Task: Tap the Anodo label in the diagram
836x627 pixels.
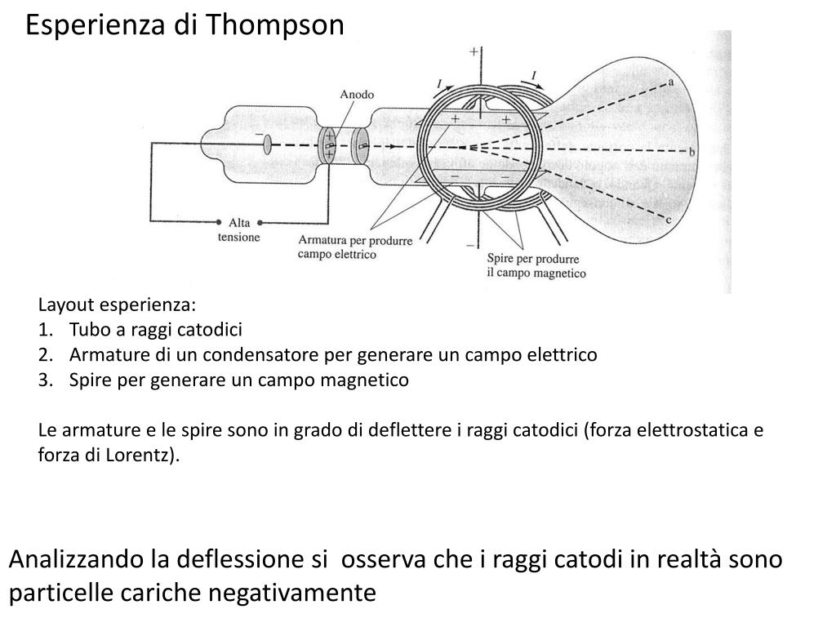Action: (x=357, y=95)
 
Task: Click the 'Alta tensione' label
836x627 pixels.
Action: (x=238, y=229)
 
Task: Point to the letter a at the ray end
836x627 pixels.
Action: (x=670, y=82)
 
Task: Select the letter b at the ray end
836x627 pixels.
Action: (x=691, y=152)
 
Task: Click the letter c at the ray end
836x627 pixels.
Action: (x=669, y=219)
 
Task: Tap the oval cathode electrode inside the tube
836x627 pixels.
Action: (x=267, y=146)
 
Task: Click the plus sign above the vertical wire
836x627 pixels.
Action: (x=474, y=51)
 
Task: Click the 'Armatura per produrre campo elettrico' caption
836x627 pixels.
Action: (x=355, y=247)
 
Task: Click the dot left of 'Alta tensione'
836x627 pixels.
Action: (x=219, y=221)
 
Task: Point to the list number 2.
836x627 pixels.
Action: (x=45, y=355)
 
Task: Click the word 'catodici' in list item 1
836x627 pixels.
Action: (x=215, y=330)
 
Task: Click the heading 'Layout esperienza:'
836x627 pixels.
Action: (x=118, y=305)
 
